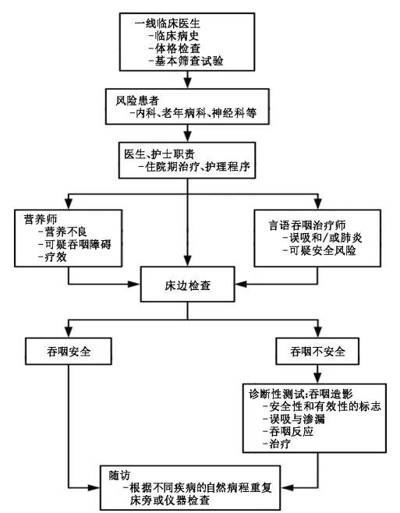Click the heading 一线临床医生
pyautogui.click(x=168, y=23)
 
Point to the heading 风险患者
pyautogui.click(x=137, y=101)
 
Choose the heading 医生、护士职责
pyautogui.click(x=159, y=154)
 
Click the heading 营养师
pyautogui.click(x=41, y=219)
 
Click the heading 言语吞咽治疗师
pyautogui.click(x=307, y=225)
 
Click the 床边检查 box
pyautogui.click(x=188, y=285)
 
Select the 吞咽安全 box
pyautogui.click(x=69, y=352)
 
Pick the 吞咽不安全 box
pyautogui.click(x=317, y=352)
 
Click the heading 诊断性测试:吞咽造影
pyautogui.click(x=300, y=394)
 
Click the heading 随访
pyautogui.click(x=119, y=476)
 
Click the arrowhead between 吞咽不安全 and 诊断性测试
pyautogui.click(x=317, y=379)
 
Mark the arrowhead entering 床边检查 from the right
pyautogui.click(x=241, y=284)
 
